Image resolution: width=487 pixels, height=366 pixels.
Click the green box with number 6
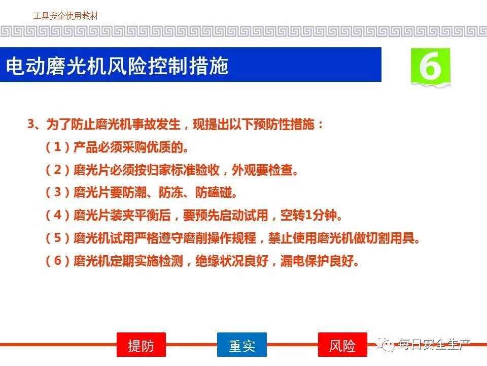click(431, 67)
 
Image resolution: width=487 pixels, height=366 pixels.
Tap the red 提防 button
click(141, 345)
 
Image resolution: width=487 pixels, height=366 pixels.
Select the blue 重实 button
click(241, 345)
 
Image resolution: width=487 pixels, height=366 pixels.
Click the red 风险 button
click(342, 345)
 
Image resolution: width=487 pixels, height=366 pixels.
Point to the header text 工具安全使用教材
click(65, 16)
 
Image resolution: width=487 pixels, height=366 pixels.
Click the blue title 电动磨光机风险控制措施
click(117, 66)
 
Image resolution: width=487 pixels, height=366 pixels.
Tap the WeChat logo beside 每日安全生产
click(385, 344)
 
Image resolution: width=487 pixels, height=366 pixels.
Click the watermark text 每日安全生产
click(435, 344)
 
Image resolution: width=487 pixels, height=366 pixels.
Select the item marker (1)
click(58, 147)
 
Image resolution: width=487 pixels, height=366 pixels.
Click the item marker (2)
click(58, 170)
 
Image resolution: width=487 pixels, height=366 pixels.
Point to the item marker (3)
click(58, 192)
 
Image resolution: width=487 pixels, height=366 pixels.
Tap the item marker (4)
click(58, 215)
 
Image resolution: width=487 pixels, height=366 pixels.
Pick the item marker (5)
click(58, 238)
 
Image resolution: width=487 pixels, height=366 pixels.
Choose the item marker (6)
click(58, 261)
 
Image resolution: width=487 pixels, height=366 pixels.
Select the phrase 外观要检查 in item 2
click(262, 170)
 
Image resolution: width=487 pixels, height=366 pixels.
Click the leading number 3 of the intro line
click(31, 124)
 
